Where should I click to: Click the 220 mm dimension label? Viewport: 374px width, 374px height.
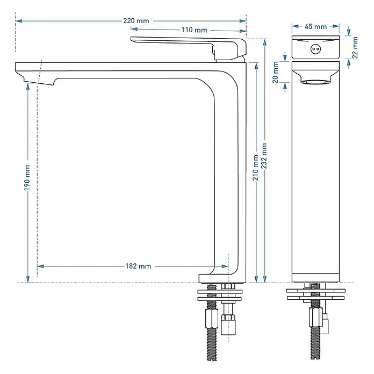136,21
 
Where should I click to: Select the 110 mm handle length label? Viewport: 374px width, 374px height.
194,30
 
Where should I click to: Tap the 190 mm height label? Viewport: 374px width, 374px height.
27,178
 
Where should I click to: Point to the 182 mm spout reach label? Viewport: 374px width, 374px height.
138,266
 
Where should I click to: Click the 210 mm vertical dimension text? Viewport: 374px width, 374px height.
255,168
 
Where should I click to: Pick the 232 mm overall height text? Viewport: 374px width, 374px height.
264,156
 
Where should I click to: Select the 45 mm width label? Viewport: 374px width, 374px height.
315,26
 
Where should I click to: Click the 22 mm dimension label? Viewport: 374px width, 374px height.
355,47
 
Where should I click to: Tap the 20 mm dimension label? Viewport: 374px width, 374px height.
276,72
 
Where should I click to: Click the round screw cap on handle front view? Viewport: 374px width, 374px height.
315,49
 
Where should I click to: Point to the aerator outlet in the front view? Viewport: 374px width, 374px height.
315,82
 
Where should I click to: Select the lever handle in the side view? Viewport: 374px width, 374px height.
189,48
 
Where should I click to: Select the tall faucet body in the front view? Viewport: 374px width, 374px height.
315,172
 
